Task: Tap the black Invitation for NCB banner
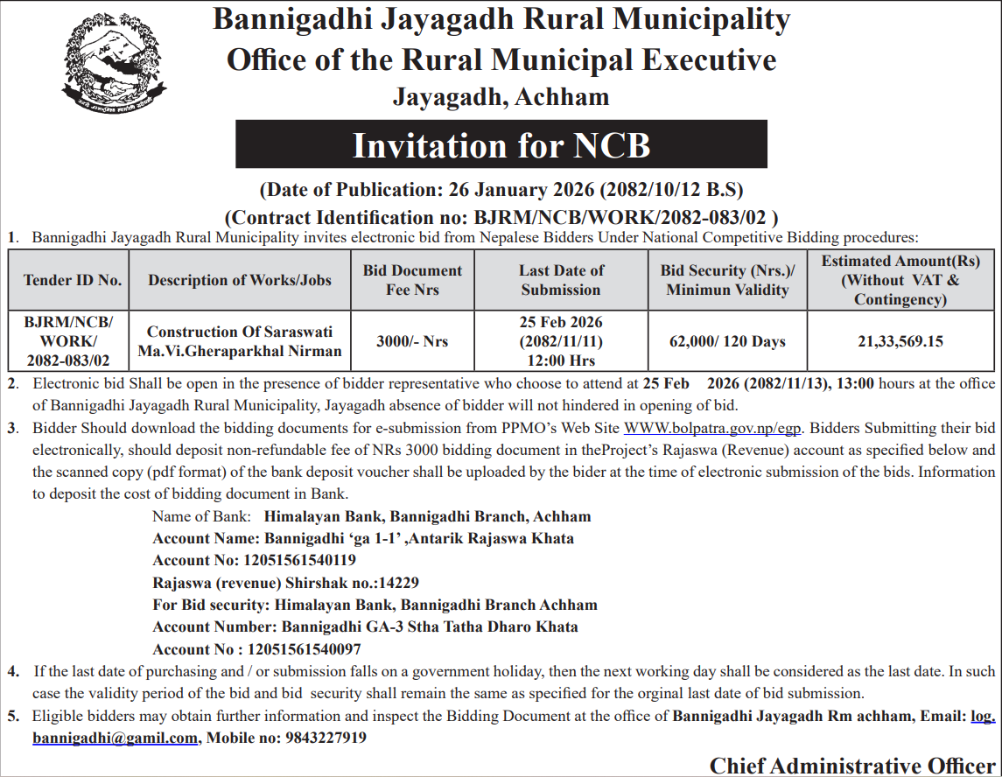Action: coord(501,144)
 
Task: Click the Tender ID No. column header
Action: coord(72,280)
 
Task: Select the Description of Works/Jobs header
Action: coord(240,280)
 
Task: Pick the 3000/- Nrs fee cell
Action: coord(412,341)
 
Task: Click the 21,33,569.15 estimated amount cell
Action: coord(900,341)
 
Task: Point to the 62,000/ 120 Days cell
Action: coord(727,341)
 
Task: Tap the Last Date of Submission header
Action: coord(561,280)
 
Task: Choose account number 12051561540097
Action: coord(305,649)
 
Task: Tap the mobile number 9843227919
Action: coord(326,738)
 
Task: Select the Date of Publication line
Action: coord(501,189)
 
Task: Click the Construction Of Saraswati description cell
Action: coord(240,342)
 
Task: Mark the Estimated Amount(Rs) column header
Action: coord(900,280)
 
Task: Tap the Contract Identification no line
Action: coord(501,217)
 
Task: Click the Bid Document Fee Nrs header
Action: coord(412,280)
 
